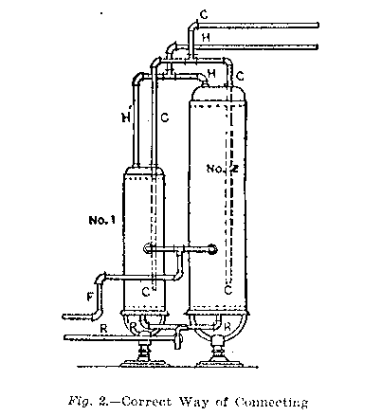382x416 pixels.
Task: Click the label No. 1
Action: pos(101,220)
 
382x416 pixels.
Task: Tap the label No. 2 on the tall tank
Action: pos(222,169)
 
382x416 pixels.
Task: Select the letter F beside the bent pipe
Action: pos(90,297)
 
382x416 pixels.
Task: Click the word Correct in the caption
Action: pos(147,402)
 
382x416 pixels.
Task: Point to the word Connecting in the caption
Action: pos(271,403)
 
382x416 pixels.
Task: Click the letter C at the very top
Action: pos(204,14)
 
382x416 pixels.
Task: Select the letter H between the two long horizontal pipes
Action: pos(206,38)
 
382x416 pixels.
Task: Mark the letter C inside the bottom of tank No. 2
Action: pos(228,290)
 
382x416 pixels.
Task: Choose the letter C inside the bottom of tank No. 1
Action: pos(146,293)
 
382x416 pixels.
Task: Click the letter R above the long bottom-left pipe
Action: pos(103,329)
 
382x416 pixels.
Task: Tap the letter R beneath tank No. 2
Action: pos(227,327)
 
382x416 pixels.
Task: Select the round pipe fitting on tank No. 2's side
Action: pos(211,249)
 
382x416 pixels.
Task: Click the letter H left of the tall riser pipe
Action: pos(126,118)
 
